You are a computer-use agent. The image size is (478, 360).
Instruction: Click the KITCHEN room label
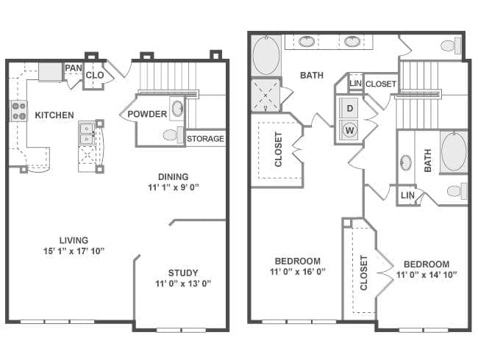click(54, 115)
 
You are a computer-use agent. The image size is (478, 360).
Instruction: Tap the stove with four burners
click(19, 111)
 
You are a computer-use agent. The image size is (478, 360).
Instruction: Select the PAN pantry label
click(74, 68)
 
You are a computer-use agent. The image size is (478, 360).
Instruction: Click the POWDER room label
click(147, 114)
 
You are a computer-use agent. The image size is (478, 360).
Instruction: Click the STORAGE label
click(205, 139)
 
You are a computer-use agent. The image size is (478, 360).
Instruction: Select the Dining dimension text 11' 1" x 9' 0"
click(174, 187)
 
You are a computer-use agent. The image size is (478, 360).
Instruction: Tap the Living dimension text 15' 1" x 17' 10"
click(74, 251)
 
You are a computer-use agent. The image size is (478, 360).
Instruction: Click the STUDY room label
click(183, 273)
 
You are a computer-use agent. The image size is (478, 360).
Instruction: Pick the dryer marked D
click(349, 108)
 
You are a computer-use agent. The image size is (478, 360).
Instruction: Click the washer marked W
click(349, 130)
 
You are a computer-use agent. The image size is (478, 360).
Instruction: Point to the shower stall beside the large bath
click(265, 95)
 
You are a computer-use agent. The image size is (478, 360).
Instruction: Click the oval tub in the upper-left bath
click(266, 55)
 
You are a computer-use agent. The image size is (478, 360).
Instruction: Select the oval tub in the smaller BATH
click(454, 151)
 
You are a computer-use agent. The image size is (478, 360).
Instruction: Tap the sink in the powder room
click(177, 108)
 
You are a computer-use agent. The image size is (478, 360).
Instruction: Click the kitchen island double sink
click(87, 134)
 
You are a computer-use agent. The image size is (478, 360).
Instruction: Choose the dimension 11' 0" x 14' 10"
click(427, 275)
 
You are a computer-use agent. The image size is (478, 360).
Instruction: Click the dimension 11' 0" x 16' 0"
click(298, 271)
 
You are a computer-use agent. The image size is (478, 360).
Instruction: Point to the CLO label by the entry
click(95, 75)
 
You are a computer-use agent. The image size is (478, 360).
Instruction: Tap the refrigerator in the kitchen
click(50, 72)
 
